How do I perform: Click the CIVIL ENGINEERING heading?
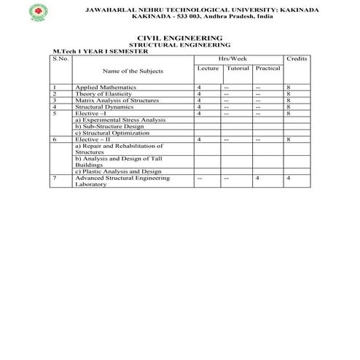179,36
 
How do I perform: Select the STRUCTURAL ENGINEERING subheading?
179,44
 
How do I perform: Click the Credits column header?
297,57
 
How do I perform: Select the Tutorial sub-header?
238,69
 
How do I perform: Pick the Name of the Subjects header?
133,71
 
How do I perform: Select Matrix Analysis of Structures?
117,101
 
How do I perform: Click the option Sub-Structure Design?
109,126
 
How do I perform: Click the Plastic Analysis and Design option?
118,171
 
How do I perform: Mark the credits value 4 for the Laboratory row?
289,178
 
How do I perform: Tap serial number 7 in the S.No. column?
55,178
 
